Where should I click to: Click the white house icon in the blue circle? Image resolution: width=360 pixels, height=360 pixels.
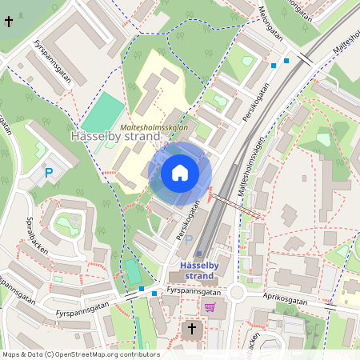point(180,173)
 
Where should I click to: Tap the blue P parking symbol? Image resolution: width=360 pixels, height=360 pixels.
point(48,172)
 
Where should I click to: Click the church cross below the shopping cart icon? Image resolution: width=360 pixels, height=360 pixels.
point(192,329)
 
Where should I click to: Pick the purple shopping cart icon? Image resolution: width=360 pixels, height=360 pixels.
point(210,307)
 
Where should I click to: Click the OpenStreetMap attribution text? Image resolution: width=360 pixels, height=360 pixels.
point(81,354)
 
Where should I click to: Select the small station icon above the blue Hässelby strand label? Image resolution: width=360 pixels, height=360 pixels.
point(199,254)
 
